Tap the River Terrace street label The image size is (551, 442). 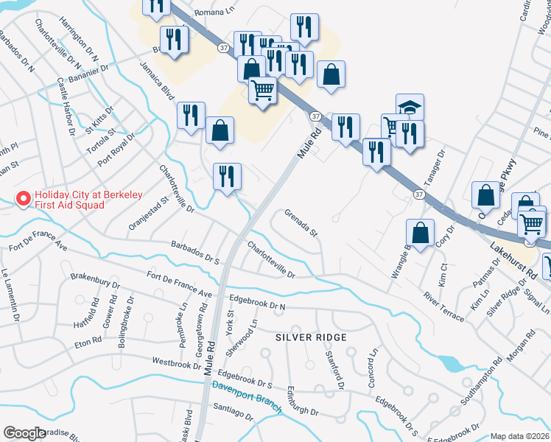click(443, 306)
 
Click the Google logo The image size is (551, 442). click(24, 433)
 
